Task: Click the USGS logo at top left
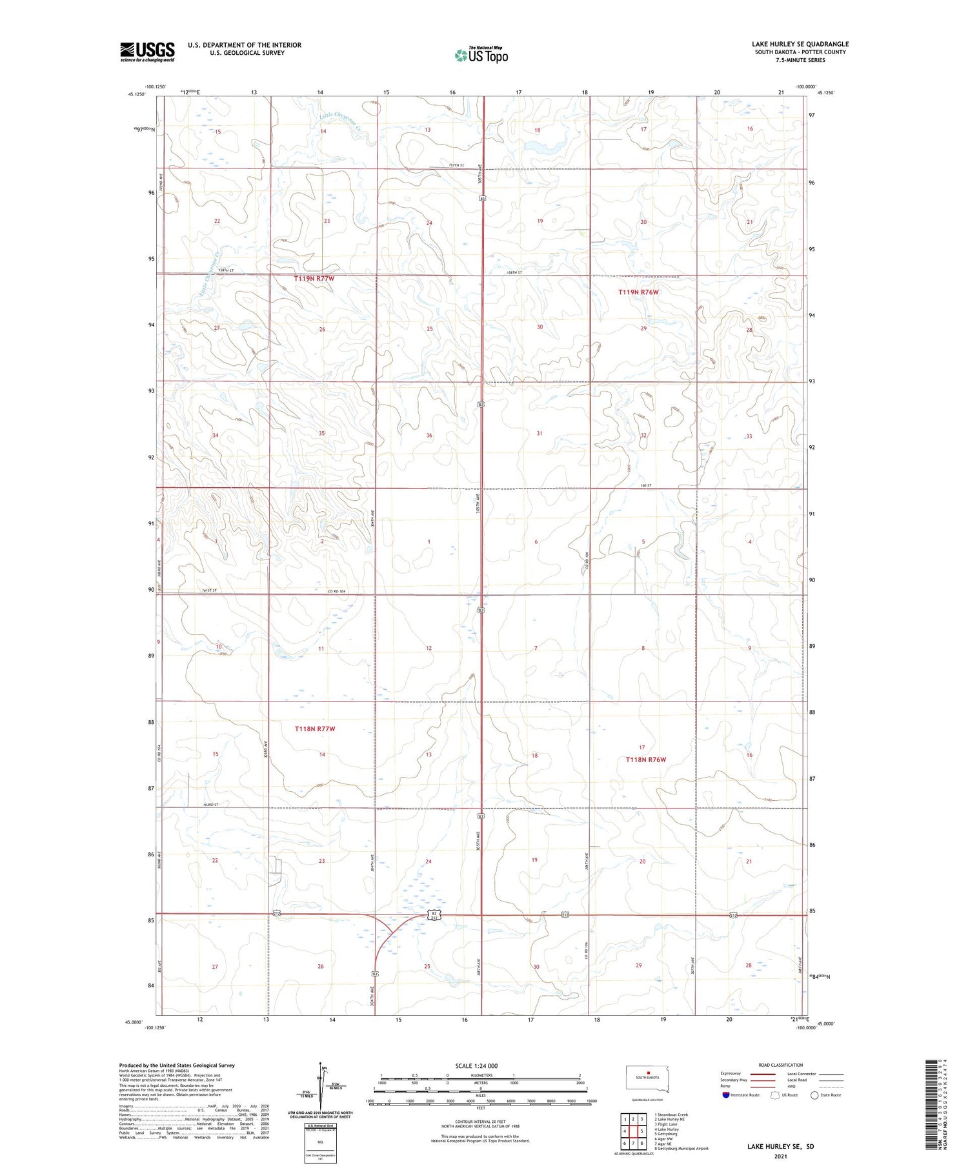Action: tap(147, 52)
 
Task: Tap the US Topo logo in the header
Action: tap(481, 55)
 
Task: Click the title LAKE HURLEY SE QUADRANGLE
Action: tap(800, 44)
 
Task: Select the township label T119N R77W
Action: tap(314, 278)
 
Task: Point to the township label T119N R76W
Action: tap(638, 292)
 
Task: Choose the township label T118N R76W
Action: tap(645, 760)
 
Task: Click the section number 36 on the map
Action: tap(429, 436)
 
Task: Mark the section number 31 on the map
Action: tap(539, 434)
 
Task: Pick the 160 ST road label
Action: tap(647, 485)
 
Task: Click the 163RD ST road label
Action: tap(212, 805)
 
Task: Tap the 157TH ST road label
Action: tap(457, 166)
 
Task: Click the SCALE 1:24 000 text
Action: tap(476, 1065)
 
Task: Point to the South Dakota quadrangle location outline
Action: tap(648, 1078)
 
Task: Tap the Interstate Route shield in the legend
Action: tap(726, 1095)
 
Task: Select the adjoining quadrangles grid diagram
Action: tap(633, 1129)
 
